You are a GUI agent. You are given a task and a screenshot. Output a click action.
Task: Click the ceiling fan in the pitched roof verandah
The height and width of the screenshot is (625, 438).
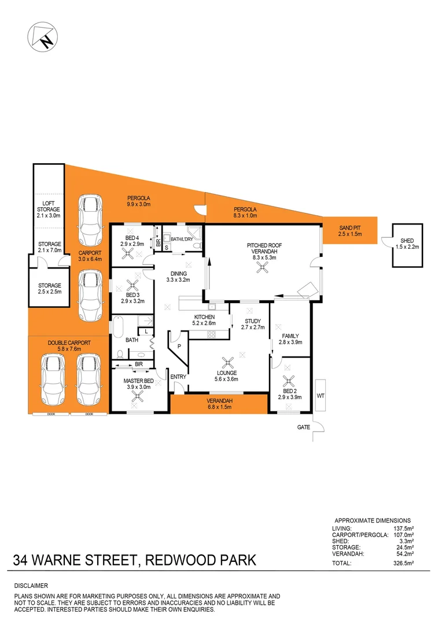pos(264,267)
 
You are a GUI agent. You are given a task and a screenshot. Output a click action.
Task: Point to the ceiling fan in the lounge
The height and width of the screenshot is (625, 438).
pos(230,363)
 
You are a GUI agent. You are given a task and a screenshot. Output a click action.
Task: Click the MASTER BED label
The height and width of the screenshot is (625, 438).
pos(139,380)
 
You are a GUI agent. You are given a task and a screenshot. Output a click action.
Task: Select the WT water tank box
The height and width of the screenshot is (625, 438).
pos(321,396)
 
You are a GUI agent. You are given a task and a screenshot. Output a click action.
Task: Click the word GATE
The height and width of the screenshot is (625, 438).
pos(304,427)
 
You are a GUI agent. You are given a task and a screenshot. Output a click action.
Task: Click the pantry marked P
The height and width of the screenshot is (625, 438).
pos(179,345)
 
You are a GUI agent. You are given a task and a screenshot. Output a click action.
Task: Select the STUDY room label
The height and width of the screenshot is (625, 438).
pos(253,321)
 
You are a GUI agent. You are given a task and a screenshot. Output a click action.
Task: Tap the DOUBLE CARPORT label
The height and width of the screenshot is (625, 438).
pos(69,343)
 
